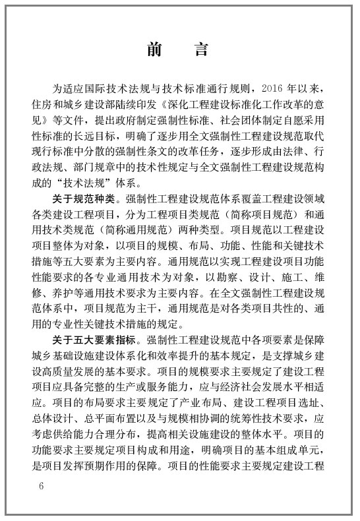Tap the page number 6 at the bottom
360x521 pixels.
[41, 487]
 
